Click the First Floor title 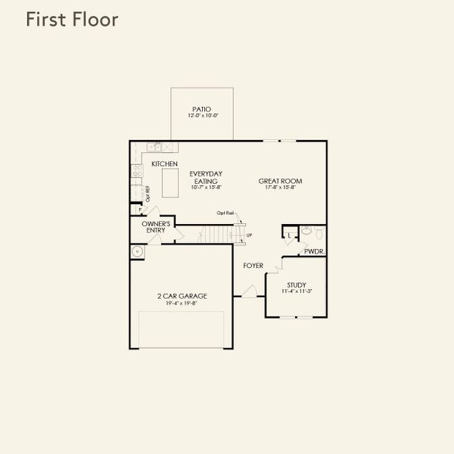72,20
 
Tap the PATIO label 201,108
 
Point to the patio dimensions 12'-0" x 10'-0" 201,116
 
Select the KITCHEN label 164,164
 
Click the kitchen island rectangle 173,183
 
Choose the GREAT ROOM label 280,181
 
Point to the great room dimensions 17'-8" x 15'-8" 280,188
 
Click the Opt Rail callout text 225,213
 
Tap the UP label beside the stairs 250,235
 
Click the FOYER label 253,266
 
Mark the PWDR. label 314,250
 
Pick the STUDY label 296,285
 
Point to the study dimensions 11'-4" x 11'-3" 296,291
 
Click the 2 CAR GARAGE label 182,296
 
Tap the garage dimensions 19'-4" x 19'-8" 182,303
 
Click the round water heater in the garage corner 138,252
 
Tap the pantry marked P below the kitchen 140,211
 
